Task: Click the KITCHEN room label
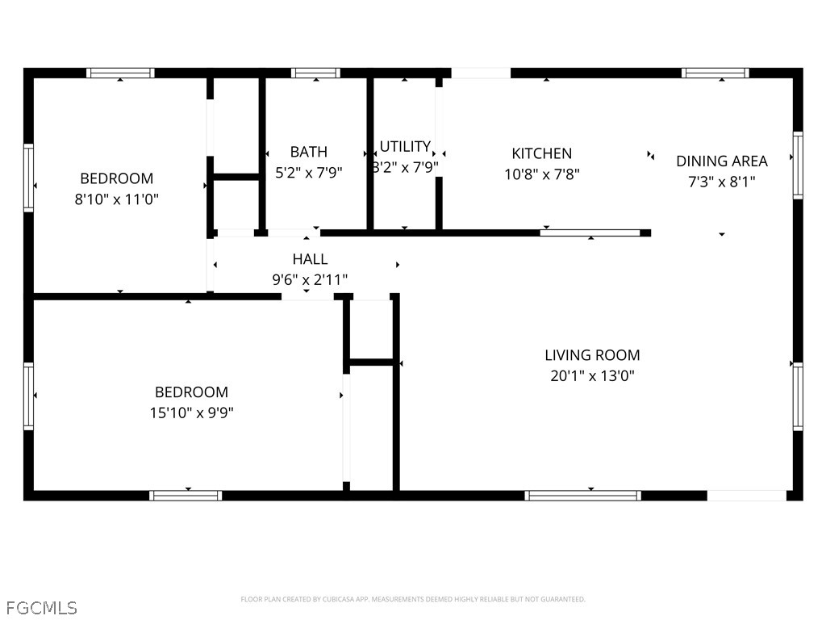(541, 153)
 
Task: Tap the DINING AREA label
(722, 161)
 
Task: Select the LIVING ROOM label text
(592, 355)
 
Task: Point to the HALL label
(310, 259)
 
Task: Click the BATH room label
(309, 152)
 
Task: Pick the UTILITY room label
(405, 147)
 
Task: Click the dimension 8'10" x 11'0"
(116, 199)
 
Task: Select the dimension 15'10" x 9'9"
(191, 413)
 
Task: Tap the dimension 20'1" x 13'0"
(592, 376)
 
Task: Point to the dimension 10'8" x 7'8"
(541, 174)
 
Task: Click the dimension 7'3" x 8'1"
(722, 182)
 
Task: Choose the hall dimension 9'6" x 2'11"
(310, 280)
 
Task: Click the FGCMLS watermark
(42, 608)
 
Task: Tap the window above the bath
(315, 73)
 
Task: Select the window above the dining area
(715, 73)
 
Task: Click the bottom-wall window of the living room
(582, 496)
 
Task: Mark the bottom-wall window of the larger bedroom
(186, 496)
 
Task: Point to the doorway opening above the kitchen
(481, 73)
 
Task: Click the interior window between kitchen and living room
(590, 233)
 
